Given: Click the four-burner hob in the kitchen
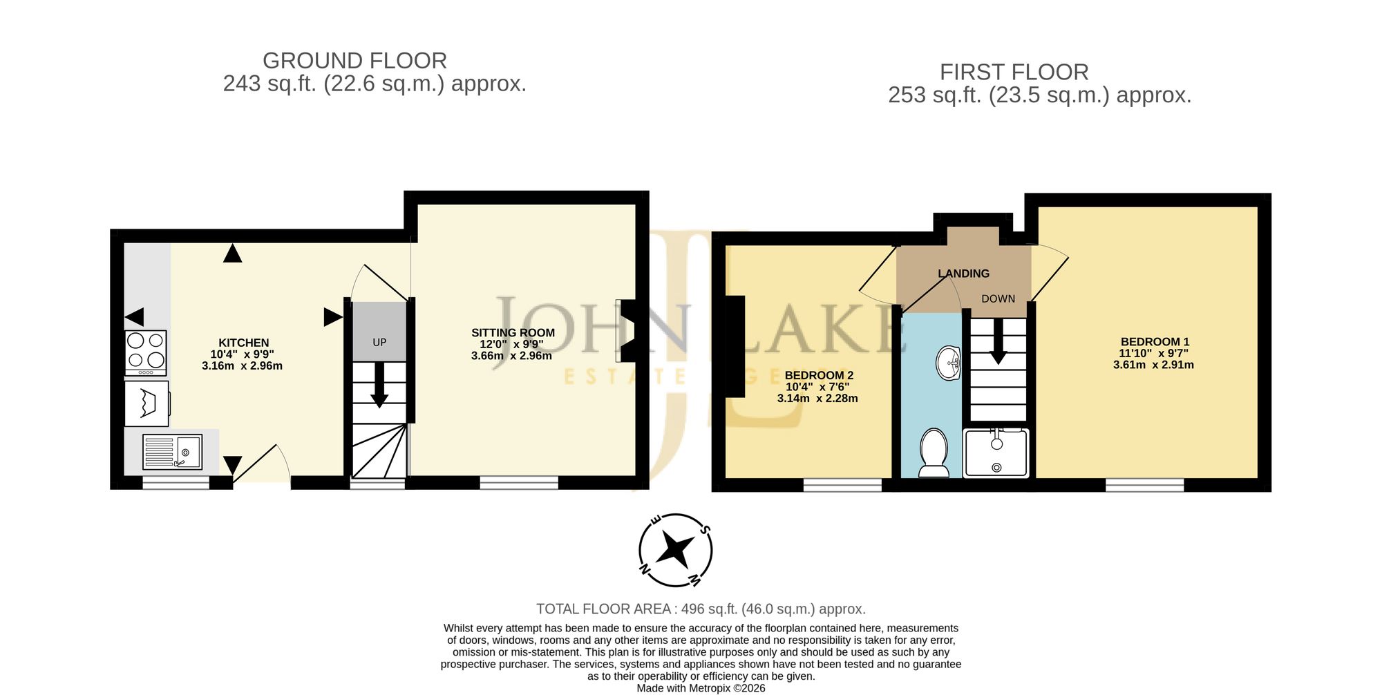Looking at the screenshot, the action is click(x=146, y=353).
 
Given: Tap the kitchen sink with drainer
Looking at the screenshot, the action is click(x=172, y=452).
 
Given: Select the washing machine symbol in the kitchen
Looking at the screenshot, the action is click(x=147, y=403).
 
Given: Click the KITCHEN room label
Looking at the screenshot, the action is click(x=244, y=343).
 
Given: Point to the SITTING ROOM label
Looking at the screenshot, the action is click(x=513, y=333).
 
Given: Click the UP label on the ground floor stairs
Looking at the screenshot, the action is click(x=379, y=343).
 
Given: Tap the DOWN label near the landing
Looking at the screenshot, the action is click(x=998, y=299).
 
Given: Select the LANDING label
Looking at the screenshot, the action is click(x=963, y=274).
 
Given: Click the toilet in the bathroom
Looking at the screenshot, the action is click(x=934, y=453).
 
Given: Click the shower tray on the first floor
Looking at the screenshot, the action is click(x=996, y=453).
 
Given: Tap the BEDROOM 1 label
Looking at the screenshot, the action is click(x=1155, y=342).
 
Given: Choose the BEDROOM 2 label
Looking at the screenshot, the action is click(x=819, y=376).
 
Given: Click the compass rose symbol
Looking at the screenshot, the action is click(x=675, y=551).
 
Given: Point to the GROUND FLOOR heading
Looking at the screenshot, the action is click(x=354, y=61).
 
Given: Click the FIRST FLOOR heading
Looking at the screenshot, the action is click(x=1014, y=72).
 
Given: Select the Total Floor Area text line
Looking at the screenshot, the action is click(x=701, y=609).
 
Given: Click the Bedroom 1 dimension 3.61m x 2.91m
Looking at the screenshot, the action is click(x=1153, y=365).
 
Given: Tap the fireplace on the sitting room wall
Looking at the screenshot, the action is click(x=629, y=330).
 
